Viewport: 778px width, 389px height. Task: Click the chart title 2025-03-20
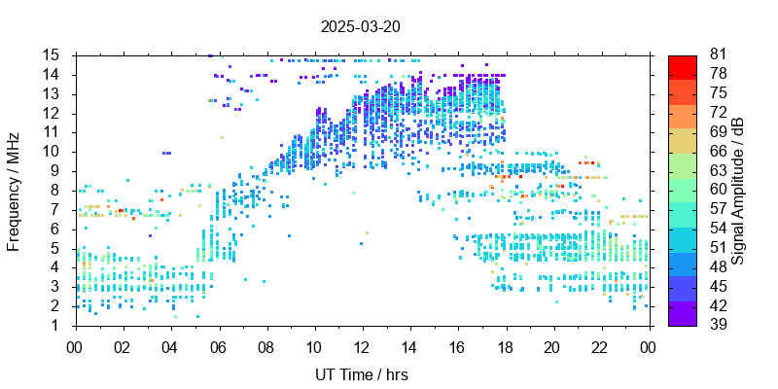click(360, 26)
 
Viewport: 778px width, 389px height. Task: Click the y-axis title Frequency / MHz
click(14, 191)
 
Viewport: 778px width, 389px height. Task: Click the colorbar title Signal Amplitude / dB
click(739, 191)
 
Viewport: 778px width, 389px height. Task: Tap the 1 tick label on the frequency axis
click(56, 325)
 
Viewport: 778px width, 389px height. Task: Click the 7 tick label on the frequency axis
click(56, 209)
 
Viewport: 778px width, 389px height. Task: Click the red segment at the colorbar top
click(683, 65)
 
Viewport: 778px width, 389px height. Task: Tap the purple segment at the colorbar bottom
click(683, 314)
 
